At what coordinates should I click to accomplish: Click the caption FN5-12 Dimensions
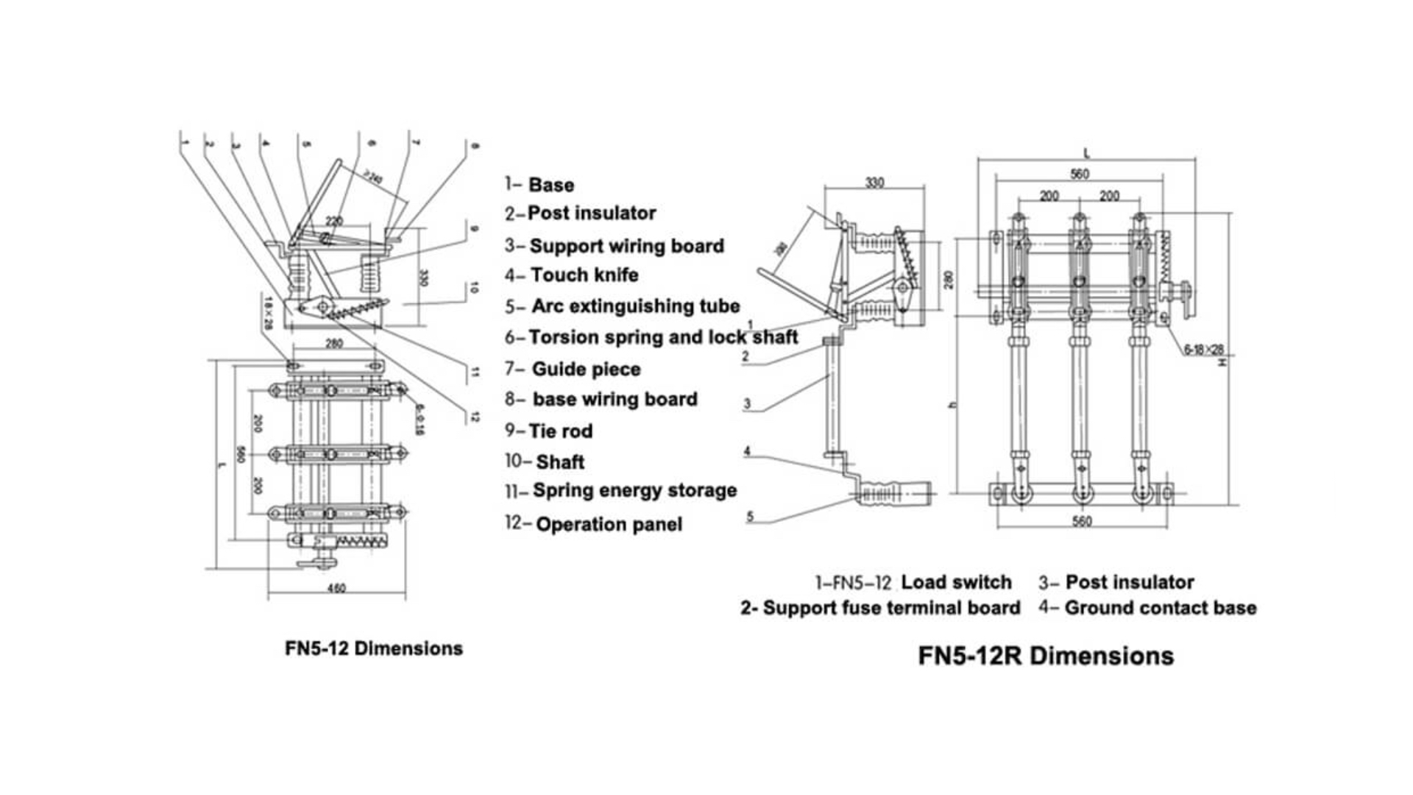(374, 649)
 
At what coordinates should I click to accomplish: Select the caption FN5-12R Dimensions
(1045, 655)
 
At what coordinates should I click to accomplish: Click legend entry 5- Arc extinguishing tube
(623, 305)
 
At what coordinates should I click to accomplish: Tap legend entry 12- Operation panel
(594, 524)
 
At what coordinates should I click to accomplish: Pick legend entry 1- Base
(539, 185)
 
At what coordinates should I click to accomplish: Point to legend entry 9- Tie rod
(549, 431)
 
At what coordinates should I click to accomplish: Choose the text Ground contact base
(1160, 608)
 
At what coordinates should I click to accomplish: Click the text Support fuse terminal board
(890, 608)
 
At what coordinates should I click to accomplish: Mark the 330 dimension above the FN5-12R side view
(874, 182)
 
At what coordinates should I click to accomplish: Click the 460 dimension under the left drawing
(336, 588)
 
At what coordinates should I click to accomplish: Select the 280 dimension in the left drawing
(334, 343)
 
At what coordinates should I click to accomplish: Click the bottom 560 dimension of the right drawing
(1081, 521)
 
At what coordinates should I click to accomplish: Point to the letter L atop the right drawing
(1087, 153)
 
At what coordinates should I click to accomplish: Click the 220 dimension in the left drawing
(334, 221)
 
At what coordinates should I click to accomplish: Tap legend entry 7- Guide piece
(573, 369)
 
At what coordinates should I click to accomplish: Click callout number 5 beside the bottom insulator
(750, 516)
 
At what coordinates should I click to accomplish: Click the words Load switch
(956, 582)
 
